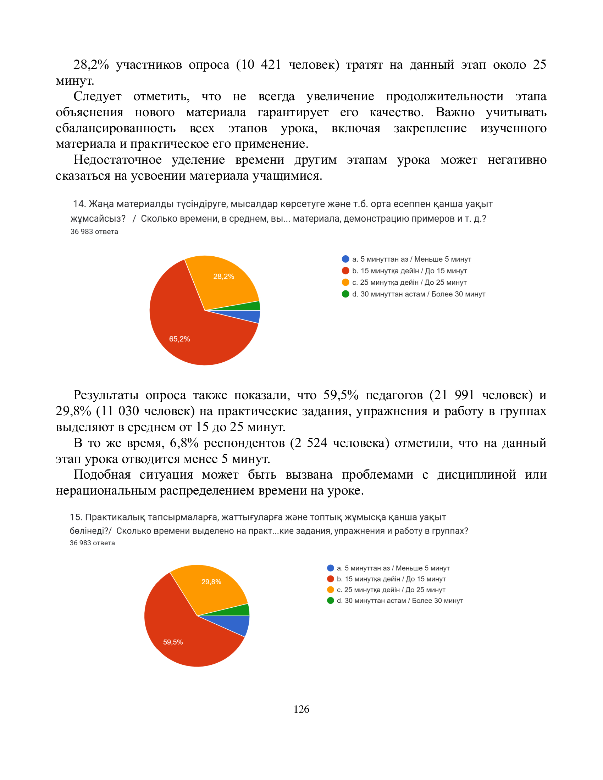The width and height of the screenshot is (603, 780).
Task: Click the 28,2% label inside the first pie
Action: pos(223,277)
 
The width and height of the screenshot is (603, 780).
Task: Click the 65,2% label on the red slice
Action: pos(179,339)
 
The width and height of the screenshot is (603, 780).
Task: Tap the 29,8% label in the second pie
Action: pos(211,582)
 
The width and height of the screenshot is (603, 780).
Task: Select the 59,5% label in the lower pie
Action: pos(173,642)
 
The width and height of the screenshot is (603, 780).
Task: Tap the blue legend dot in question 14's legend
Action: pos(345,259)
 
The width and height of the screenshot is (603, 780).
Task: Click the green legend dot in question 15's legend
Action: pos(331,601)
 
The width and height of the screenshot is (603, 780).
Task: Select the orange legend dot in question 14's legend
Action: pos(345,283)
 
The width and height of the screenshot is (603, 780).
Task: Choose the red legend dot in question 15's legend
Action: pos(331,579)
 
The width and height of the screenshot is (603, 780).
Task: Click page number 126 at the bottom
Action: pos(301,709)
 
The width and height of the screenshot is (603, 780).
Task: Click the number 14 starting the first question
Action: pos(79,204)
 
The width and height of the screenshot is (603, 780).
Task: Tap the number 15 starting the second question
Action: pos(75,517)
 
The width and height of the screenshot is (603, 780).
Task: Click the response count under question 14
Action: pos(94,232)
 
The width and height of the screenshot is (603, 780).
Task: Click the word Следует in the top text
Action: pos(97,96)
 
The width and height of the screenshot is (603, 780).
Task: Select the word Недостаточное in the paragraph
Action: pos(117,160)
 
